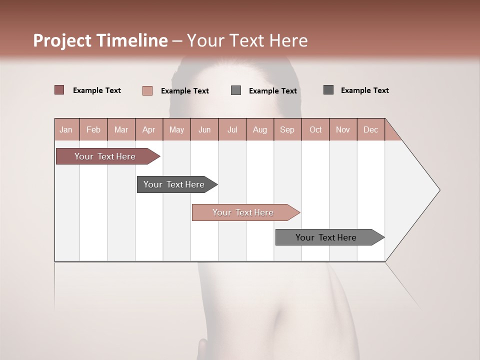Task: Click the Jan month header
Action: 66,129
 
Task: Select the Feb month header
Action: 93,129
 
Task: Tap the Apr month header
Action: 148,129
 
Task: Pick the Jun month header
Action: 204,129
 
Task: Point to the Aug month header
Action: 259,129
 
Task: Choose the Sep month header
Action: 287,129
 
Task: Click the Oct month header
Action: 315,129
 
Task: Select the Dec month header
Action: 370,129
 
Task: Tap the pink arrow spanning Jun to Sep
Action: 243,212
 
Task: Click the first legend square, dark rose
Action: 59,90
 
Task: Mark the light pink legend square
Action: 147,90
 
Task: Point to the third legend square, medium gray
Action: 236,90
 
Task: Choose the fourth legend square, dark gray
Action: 328,90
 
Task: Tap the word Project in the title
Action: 62,40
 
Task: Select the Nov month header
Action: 343,129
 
